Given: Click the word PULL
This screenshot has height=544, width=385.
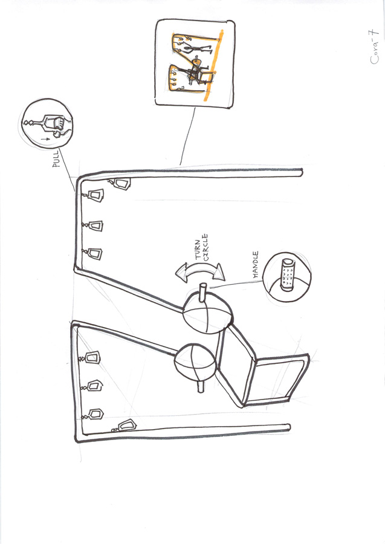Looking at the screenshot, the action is pyautogui.click(x=56, y=159).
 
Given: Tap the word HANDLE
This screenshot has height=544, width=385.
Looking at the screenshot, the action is pyautogui.click(x=256, y=264).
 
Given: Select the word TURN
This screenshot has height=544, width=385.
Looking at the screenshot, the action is pyautogui.click(x=198, y=249).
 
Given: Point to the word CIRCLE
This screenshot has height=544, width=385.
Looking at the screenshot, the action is pyautogui.click(x=205, y=247).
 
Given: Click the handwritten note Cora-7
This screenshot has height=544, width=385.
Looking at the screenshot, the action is pyautogui.click(x=374, y=47).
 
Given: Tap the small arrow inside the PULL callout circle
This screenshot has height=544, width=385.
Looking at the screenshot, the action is pyautogui.click(x=44, y=139).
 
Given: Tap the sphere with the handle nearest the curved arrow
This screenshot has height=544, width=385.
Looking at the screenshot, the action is pyautogui.click(x=207, y=312).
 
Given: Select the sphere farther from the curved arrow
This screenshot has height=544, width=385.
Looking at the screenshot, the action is pyautogui.click(x=195, y=363).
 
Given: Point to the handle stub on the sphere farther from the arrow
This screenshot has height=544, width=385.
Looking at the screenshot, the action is pyautogui.click(x=201, y=386).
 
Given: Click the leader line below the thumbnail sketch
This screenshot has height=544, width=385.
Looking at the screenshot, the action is pyautogui.click(x=187, y=136).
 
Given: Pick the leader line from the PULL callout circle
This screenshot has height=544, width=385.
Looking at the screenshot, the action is pyautogui.click(x=66, y=170).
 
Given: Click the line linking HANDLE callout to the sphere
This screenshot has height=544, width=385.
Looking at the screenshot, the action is pyautogui.click(x=236, y=284).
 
